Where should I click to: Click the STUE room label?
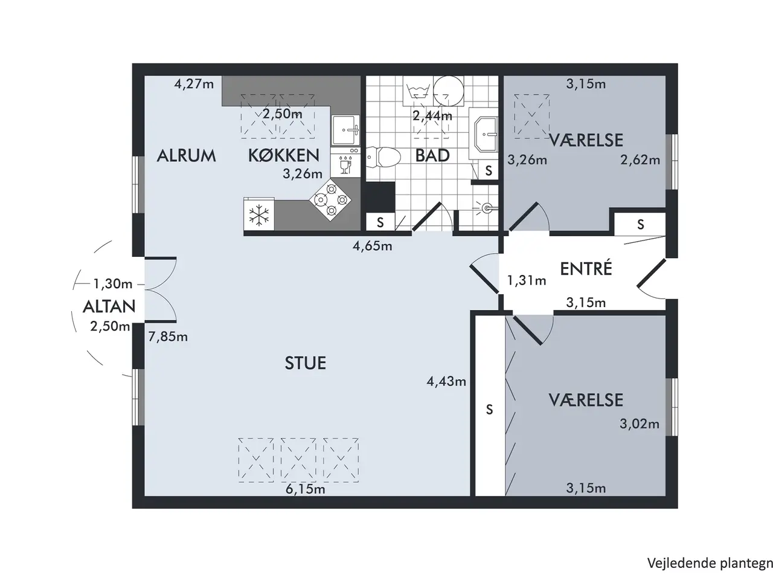pyautogui.click(x=306, y=363)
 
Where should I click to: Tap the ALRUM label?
pyautogui.click(x=186, y=156)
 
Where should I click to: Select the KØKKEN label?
pyautogui.click(x=284, y=155)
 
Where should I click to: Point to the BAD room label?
pyautogui.click(x=432, y=156)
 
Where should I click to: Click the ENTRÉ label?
pyautogui.click(x=586, y=269)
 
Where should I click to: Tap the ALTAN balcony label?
pyautogui.click(x=109, y=307)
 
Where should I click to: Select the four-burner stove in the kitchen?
pyautogui.click(x=331, y=200)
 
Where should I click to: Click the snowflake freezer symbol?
pyautogui.click(x=259, y=215)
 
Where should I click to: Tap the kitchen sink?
pyautogui.click(x=345, y=130)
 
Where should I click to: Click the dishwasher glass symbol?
pyautogui.click(x=344, y=167)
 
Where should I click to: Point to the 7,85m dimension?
pyautogui.click(x=168, y=337)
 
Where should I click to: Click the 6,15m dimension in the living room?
pyautogui.click(x=306, y=489)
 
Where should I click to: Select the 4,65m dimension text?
pyautogui.click(x=372, y=246)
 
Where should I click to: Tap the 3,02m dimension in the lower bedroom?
pyautogui.click(x=640, y=424)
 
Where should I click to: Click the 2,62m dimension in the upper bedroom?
pyautogui.click(x=640, y=160)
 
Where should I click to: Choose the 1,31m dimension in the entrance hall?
pyautogui.click(x=527, y=280)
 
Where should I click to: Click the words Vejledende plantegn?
pyautogui.click(x=710, y=563)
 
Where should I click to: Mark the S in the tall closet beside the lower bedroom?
pyautogui.click(x=489, y=409)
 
